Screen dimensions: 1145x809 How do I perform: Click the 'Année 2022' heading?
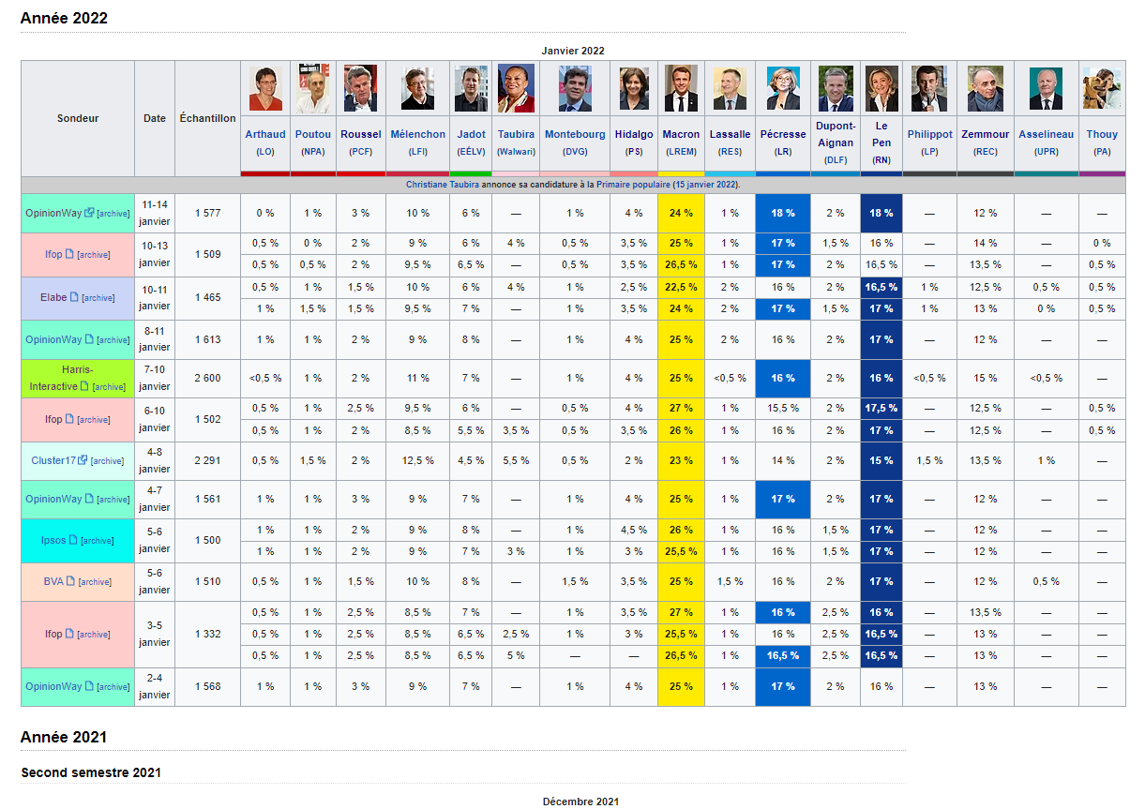(64, 18)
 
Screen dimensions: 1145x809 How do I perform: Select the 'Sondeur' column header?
(78, 118)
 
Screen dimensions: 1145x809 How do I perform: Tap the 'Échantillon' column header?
(207, 118)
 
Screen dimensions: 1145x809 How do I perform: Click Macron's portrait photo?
(681, 88)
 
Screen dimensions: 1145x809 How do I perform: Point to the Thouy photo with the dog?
(1102, 88)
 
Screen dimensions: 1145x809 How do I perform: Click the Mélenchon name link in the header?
(417, 134)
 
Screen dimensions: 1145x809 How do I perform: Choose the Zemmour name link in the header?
(985, 134)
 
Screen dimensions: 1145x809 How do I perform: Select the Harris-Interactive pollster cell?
(78, 378)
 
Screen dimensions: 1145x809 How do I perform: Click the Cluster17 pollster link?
(53, 460)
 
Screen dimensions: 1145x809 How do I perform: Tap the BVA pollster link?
(53, 581)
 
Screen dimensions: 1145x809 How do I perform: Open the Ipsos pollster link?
(53, 540)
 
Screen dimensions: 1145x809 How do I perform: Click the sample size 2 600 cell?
(207, 378)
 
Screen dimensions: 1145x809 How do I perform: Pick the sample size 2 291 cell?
(207, 460)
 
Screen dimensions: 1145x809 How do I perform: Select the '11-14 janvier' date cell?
(155, 213)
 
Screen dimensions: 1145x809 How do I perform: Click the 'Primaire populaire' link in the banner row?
(633, 185)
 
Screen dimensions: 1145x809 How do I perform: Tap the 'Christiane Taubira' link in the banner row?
(443, 185)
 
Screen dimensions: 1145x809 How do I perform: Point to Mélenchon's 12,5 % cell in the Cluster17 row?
(417, 460)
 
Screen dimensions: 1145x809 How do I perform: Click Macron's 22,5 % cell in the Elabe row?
(681, 287)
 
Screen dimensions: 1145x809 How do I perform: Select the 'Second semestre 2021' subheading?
(91, 772)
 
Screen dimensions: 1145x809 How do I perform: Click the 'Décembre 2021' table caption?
(580, 802)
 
